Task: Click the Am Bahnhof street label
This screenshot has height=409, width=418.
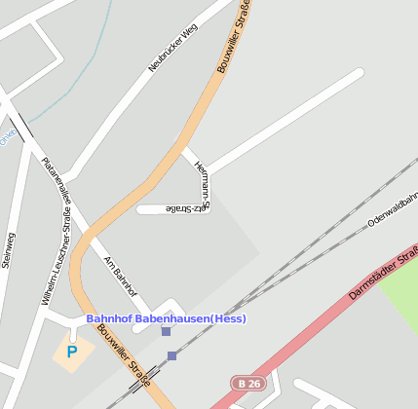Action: coord(121,276)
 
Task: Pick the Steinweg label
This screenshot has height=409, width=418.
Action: coord(9,249)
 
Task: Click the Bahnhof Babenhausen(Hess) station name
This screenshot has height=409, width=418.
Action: coord(166,318)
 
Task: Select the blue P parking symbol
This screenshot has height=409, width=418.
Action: coord(71,351)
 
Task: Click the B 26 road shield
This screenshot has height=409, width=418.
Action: coord(249,384)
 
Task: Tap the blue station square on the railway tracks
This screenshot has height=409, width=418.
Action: coord(172,355)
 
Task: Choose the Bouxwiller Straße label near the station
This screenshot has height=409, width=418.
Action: coord(131,355)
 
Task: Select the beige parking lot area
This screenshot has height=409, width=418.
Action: coord(73,353)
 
